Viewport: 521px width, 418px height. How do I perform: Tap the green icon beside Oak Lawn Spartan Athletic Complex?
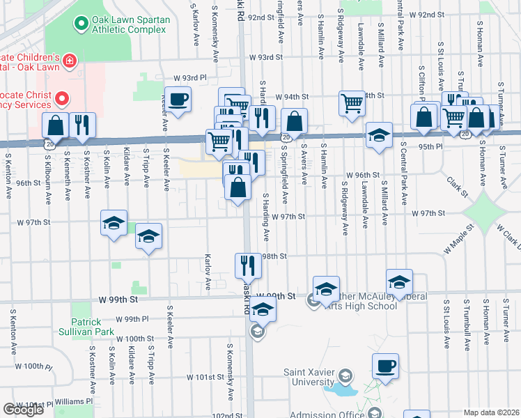point(80,24)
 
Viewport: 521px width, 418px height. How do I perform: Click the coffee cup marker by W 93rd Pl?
point(178,99)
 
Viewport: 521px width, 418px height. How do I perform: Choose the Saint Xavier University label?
point(309,377)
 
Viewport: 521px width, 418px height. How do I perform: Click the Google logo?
point(24,410)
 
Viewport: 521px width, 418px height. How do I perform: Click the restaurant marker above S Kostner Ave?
point(83,125)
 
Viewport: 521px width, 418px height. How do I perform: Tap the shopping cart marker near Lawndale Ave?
point(352,104)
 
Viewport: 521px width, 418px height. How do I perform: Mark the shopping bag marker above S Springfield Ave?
point(295,121)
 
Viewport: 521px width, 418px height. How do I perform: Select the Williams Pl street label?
point(74,401)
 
